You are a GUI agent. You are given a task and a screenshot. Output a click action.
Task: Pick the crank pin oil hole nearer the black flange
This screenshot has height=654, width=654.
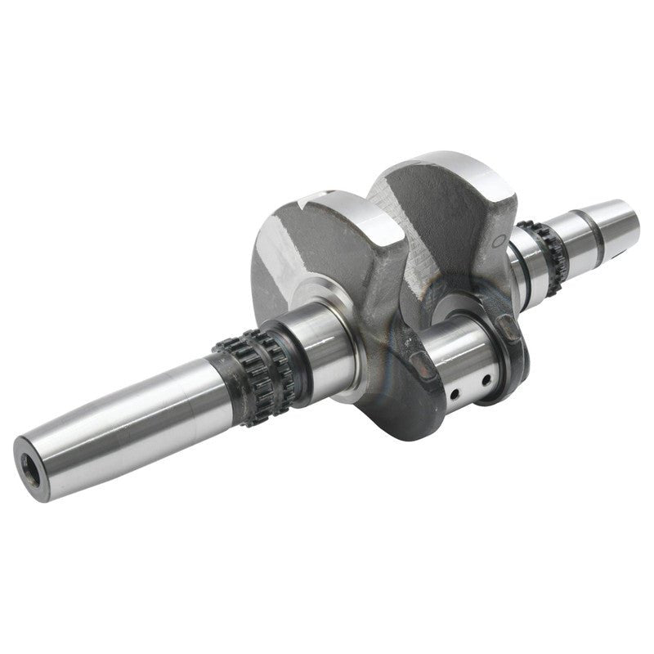486,379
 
